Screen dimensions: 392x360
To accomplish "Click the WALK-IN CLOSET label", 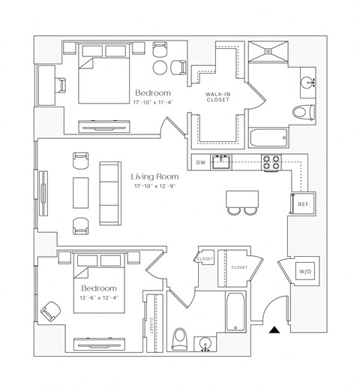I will coord(217,95).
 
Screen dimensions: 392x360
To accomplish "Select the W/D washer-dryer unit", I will coord(305,271).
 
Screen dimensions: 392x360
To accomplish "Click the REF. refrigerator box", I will coord(304,204).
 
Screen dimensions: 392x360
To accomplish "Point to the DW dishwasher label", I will coord(200,162).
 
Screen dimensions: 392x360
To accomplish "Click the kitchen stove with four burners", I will coord(271,161).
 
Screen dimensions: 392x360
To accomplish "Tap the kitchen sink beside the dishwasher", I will coord(220,161).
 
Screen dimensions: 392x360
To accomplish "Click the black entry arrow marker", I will coord(276,328).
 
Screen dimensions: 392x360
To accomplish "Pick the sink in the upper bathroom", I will coord(307,80).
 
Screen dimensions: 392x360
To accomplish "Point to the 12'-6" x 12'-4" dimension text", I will coord(99,299).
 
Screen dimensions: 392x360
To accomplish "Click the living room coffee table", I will coord(79,191).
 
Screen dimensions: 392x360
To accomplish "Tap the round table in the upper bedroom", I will coord(161,67).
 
